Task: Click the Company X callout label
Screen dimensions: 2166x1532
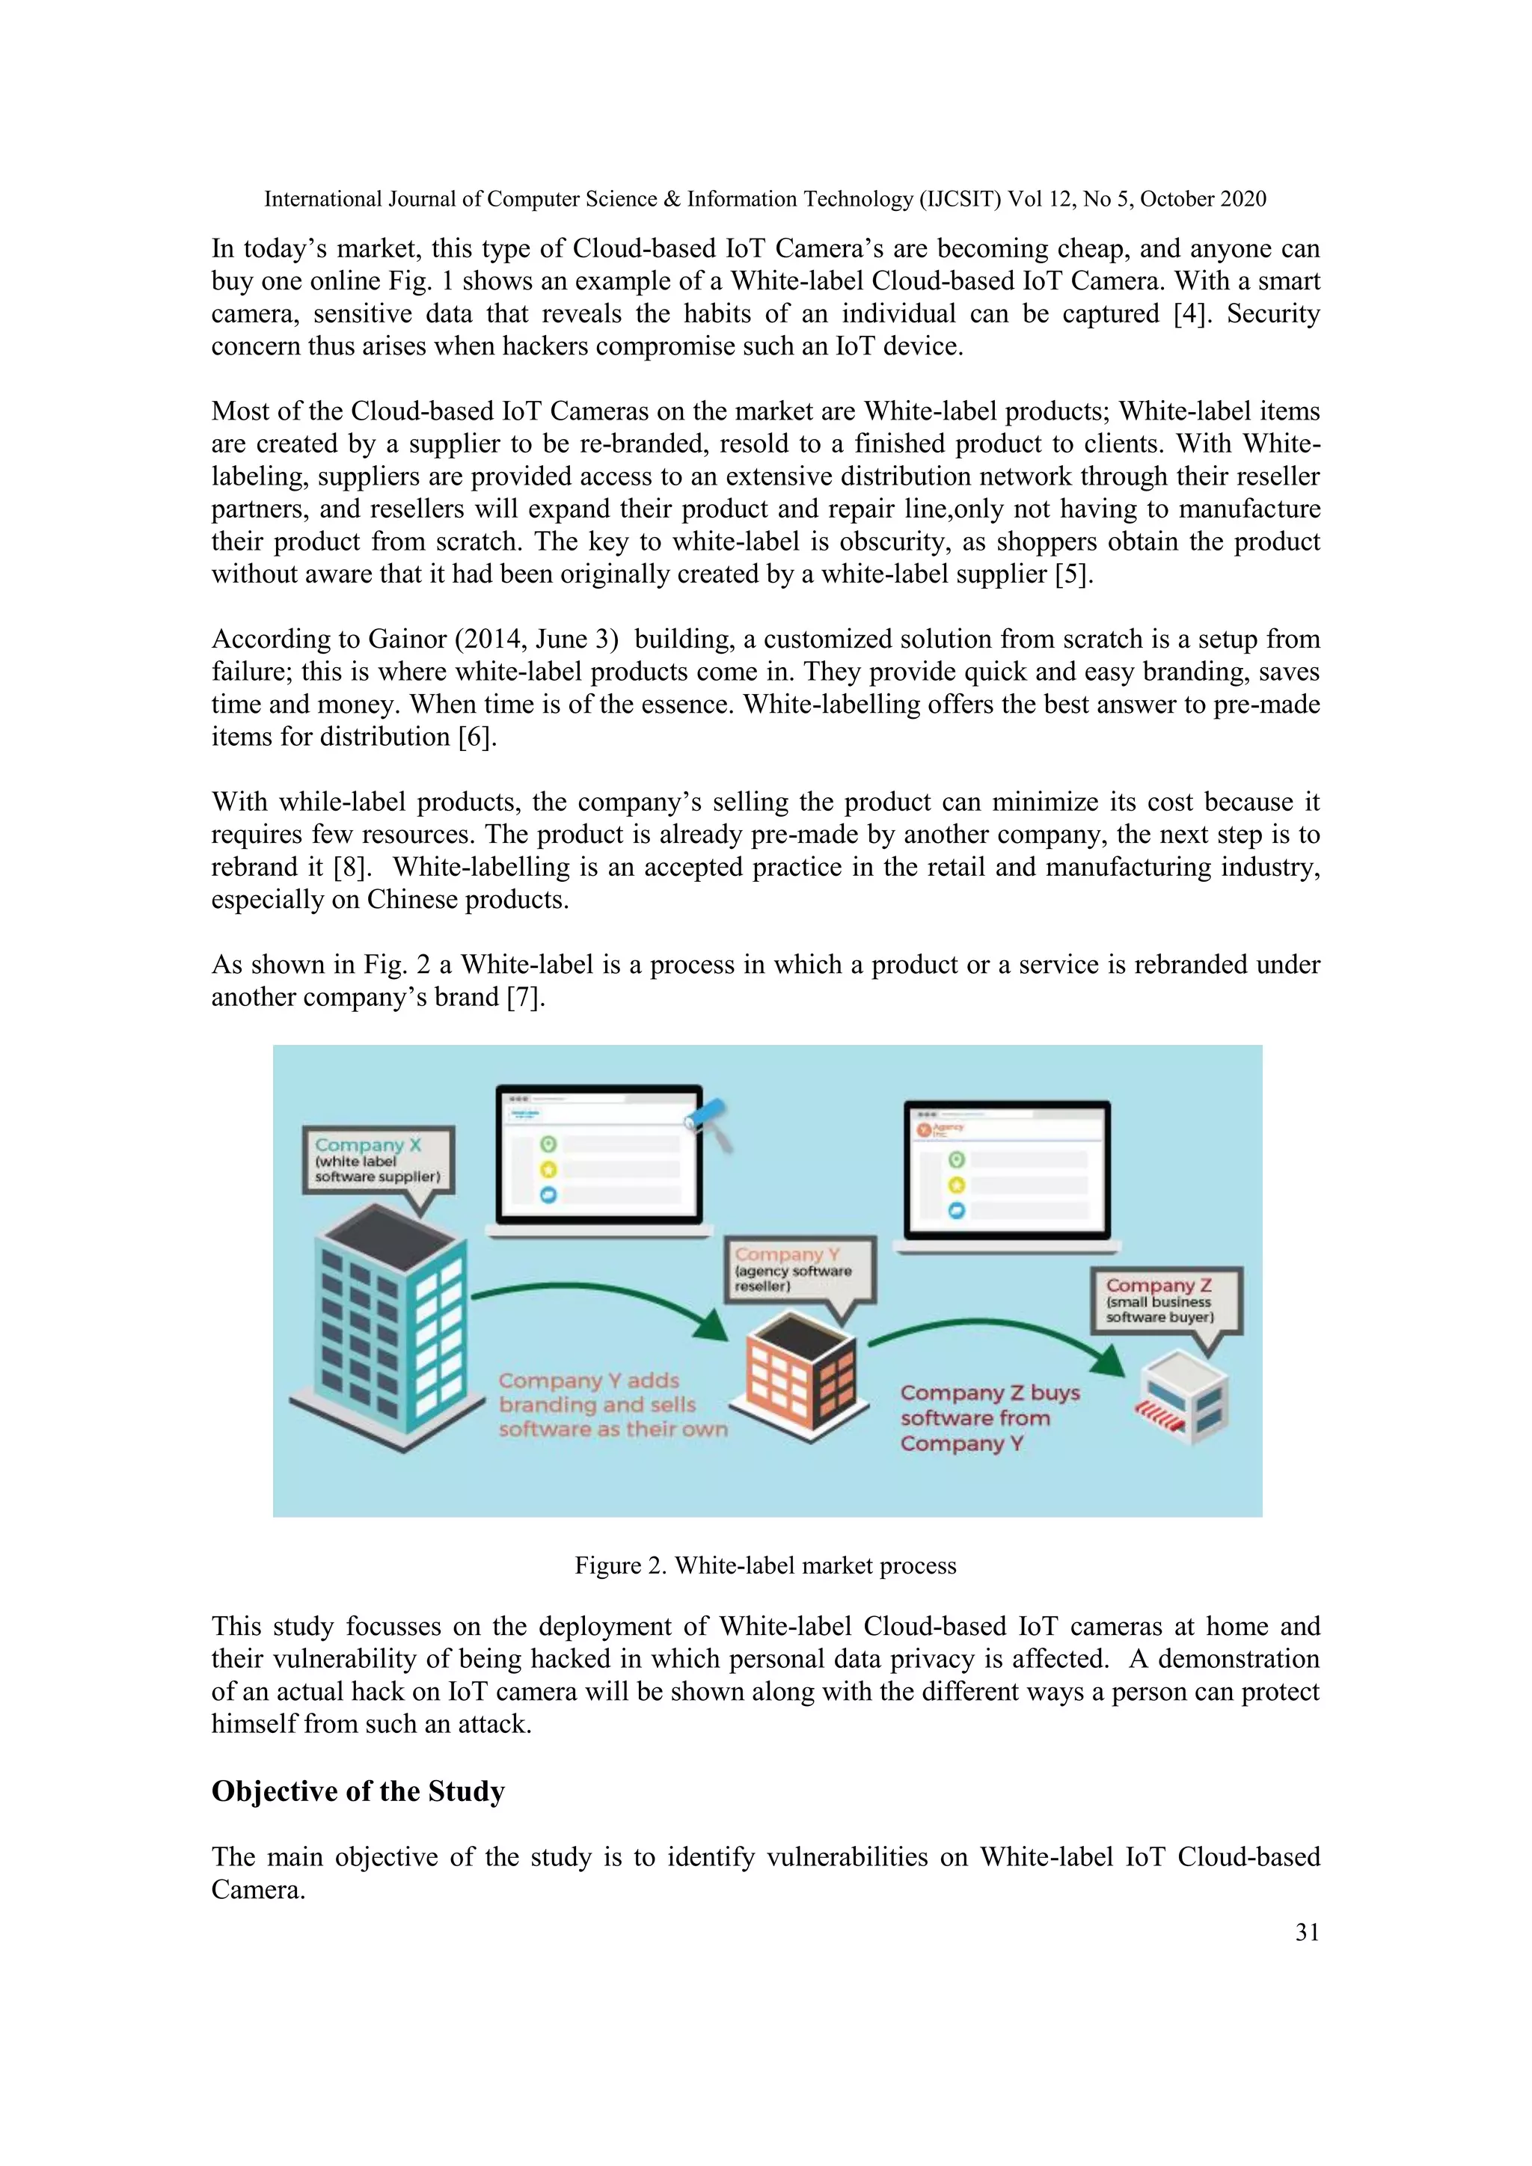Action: (377, 1160)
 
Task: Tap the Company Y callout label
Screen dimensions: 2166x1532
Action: (799, 1270)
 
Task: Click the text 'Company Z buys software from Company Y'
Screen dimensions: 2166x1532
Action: (989, 1418)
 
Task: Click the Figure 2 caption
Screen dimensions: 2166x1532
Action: (765, 1565)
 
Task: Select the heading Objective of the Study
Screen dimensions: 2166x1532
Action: (358, 1791)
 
